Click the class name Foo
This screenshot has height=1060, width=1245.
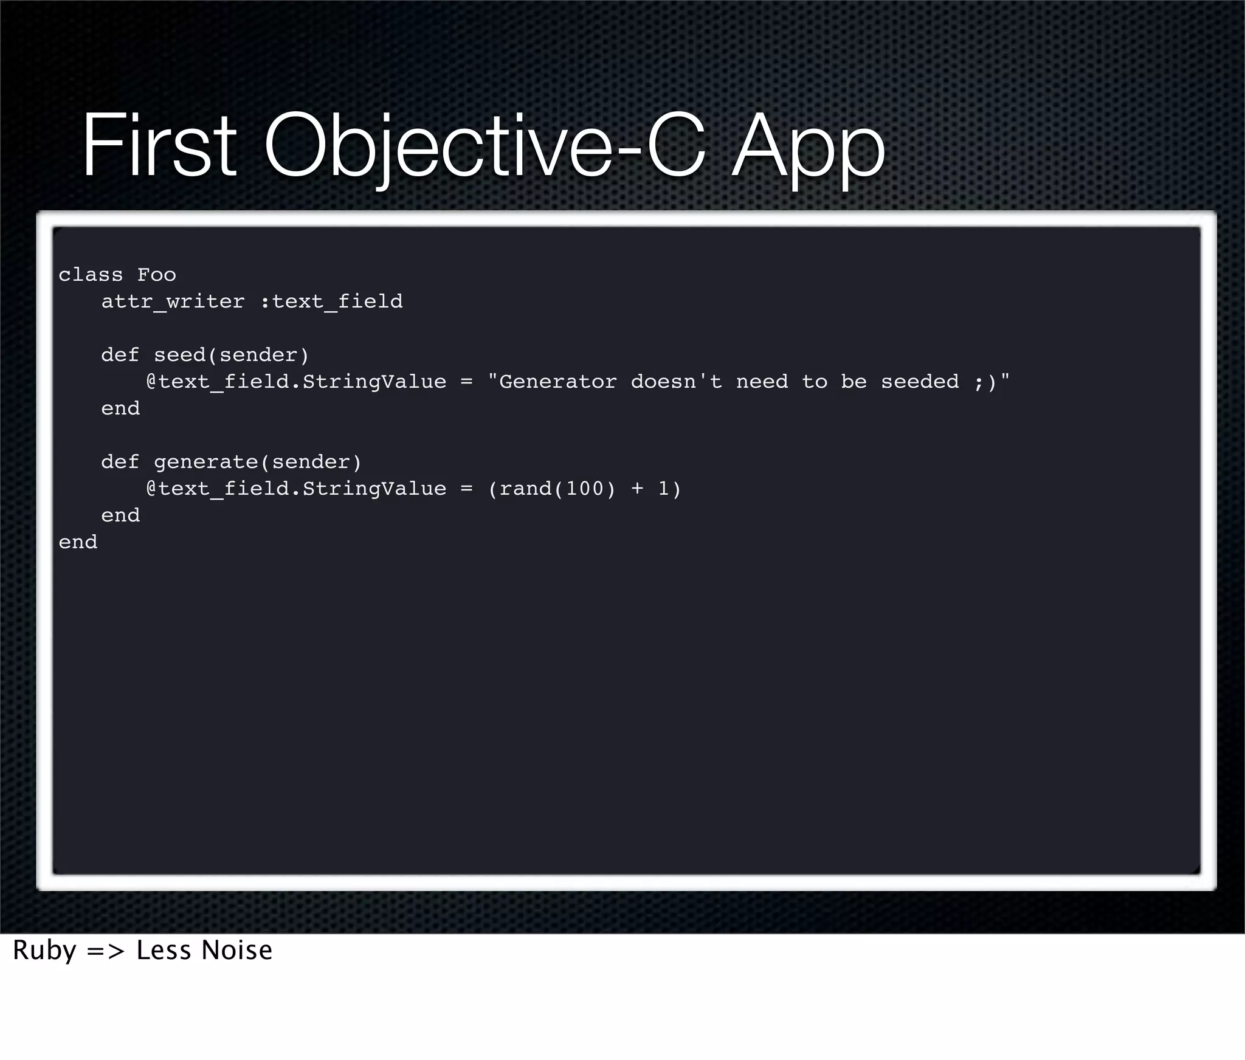click(157, 275)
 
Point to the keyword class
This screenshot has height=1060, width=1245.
click(91, 275)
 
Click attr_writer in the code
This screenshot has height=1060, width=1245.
click(173, 301)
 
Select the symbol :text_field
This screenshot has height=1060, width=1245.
click(331, 301)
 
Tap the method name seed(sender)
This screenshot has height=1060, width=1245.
click(232, 355)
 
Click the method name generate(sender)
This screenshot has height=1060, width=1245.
click(258, 462)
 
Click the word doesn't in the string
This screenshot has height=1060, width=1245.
click(677, 382)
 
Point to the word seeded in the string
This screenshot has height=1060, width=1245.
click(920, 382)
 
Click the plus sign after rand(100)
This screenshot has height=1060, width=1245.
click(637, 489)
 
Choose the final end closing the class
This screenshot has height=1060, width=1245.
click(78, 542)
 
